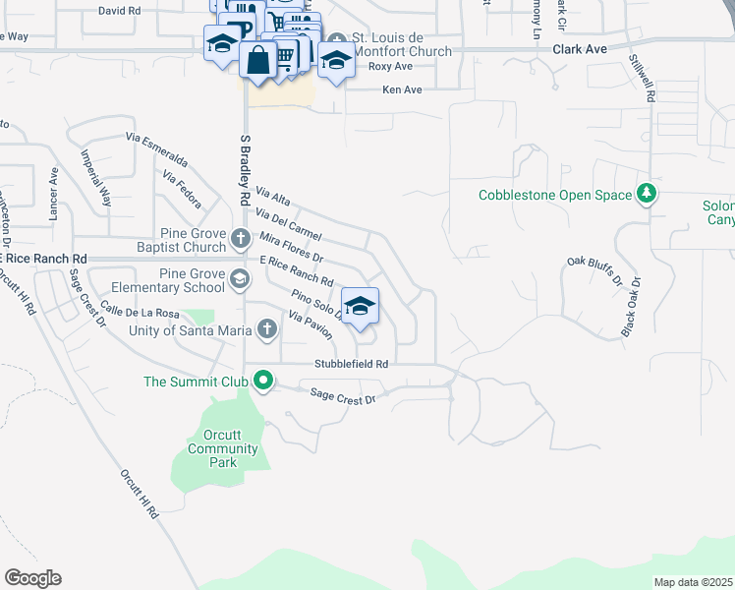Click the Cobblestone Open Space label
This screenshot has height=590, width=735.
(555, 195)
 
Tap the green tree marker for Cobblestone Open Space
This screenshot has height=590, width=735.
(646, 195)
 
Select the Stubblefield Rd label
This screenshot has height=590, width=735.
(352, 364)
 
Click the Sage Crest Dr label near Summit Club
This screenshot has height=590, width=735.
(343, 396)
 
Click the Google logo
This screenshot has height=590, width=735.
(32, 578)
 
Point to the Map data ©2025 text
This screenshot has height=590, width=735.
(693, 582)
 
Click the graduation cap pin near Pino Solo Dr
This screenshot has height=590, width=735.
(360, 306)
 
